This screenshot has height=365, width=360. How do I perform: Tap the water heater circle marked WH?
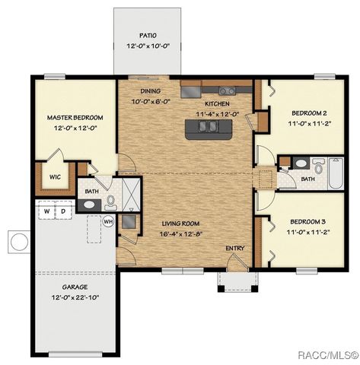[x=108, y=221]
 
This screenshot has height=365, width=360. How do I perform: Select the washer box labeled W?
[x=46, y=211]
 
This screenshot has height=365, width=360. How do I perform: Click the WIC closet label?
[x=55, y=177]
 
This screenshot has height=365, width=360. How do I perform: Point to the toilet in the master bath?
[x=111, y=202]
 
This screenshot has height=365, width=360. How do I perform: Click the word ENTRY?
[x=234, y=249]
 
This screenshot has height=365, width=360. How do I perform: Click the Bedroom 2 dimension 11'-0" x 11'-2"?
[x=307, y=122]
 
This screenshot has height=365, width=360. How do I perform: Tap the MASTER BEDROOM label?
[x=75, y=118]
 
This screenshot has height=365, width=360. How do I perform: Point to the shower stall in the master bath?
[x=129, y=194]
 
